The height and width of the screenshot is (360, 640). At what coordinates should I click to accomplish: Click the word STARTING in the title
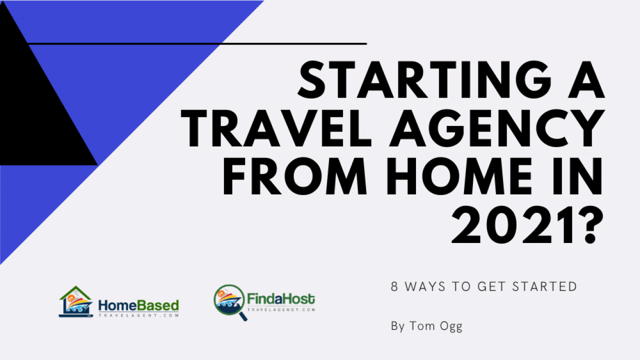(x=424, y=79)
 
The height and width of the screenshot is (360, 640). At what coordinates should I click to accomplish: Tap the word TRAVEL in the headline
(x=276, y=128)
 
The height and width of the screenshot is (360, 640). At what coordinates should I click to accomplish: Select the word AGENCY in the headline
(x=497, y=128)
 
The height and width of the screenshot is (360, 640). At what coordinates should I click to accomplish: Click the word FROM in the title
(x=295, y=176)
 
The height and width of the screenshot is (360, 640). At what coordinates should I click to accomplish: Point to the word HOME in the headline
(x=459, y=176)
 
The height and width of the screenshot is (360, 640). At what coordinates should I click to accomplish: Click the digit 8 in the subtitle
(x=394, y=286)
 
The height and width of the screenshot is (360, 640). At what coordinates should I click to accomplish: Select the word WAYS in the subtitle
(x=425, y=286)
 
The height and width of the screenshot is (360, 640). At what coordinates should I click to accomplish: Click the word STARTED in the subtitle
(x=544, y=286)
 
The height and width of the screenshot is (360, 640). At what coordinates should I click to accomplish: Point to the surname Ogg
(x=451, y=326)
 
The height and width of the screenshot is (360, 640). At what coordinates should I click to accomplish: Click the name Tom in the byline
(x=422, y=325)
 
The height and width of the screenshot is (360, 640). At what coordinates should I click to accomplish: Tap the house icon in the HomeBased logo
(x=76, y=301)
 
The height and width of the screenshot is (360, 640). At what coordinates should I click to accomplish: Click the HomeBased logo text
(x=138, y=305)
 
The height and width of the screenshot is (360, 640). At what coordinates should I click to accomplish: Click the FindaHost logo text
(x=281, y=299)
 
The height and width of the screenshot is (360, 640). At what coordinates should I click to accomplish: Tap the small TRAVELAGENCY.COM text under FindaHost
(x=281, y=309)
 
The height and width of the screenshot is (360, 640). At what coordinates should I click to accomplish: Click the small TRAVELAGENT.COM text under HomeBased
(x=139, y=315)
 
